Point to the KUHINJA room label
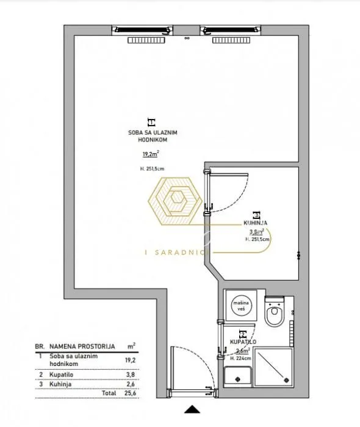point(247,224)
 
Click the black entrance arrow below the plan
point(192,410)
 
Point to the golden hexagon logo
point(178,199)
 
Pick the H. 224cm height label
point(242,359)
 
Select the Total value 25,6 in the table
point(131,394)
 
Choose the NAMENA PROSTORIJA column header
point(79,345)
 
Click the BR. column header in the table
point(41,345)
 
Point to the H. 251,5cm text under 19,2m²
point(152,168)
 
